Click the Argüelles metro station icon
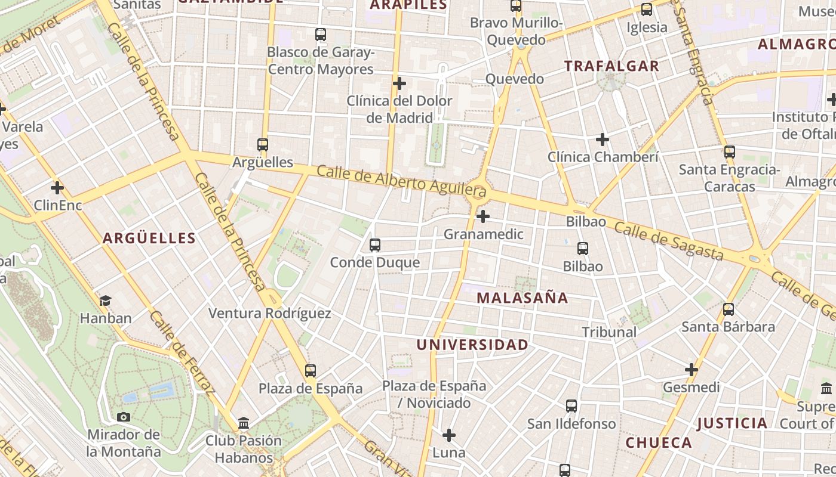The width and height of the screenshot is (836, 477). point(262,144)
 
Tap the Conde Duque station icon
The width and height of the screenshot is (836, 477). point(375,244)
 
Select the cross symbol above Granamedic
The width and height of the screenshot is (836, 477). point(483,216)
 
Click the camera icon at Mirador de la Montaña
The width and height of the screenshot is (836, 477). point(124,417)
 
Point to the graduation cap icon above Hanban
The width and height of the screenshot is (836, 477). point(106,301)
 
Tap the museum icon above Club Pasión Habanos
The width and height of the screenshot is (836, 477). point(244,423)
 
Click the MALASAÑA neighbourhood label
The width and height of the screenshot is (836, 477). point(522,298)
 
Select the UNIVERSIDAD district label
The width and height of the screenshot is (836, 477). point(472,345)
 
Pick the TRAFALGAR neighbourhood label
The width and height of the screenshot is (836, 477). point(612,66)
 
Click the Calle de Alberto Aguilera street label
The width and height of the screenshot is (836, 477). point(401,181)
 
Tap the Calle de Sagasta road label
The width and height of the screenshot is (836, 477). point(669,241)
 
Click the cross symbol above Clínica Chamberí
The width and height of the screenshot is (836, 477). point(603,140)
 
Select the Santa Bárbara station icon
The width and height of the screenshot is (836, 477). point(729,309)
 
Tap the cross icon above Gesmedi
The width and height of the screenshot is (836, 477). point(691,370)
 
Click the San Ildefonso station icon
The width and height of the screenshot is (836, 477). point(571,406)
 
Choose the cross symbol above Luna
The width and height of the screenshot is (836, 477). point(449,435)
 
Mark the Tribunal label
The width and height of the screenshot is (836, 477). point(609,332)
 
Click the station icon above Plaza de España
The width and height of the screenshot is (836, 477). point(311,371)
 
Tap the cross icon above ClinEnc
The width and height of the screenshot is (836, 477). point(57,188)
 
